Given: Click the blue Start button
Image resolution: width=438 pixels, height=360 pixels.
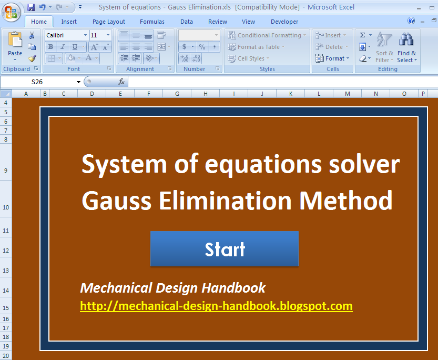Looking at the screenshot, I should (x=225, y=249).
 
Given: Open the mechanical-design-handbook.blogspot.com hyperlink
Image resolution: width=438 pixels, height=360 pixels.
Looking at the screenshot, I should (x=216, y=306).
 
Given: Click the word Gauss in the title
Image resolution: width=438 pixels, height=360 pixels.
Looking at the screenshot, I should (x=117, y=201).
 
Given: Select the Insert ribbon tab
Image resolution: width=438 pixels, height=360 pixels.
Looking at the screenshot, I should (x=69, y=22).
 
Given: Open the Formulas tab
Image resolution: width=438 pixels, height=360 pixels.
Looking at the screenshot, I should (x=152, y=22).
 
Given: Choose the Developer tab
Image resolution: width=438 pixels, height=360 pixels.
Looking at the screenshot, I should (x=284, y=22).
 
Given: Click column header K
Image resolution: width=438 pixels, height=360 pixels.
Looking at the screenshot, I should (x=291, y=94).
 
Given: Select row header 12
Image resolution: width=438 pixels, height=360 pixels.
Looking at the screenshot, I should (x=6, y=251).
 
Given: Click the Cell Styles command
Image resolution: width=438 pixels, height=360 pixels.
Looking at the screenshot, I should (x=250, y=58).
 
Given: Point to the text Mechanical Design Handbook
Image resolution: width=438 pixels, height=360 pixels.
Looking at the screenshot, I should (x=173, y=288).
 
